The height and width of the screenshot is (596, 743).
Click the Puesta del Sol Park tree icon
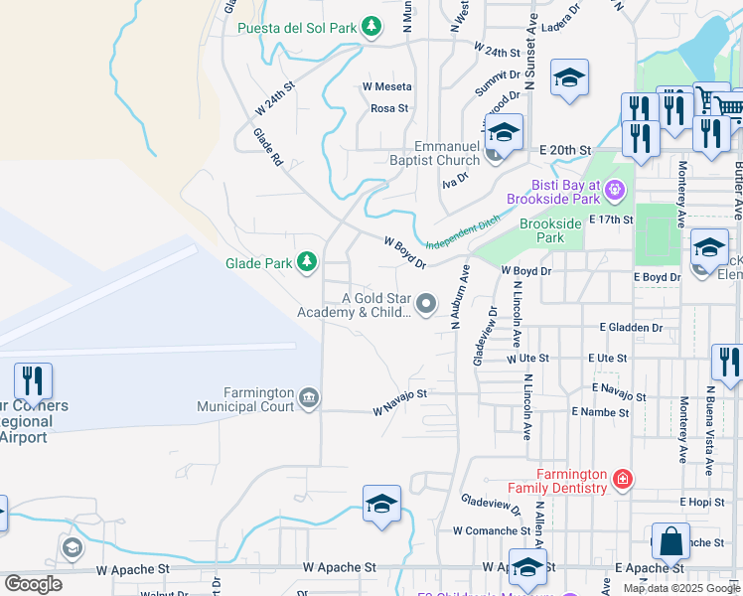[371, 27]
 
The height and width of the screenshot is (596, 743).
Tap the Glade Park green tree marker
[308, 262]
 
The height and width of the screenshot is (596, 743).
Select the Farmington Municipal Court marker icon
[309, 398]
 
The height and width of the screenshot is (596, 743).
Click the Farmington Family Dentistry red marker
[622, 480]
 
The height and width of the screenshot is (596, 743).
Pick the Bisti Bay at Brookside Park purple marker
[615, 187]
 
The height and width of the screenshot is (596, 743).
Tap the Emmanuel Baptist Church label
[432, 153]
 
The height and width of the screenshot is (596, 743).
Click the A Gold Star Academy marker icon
[426, 304]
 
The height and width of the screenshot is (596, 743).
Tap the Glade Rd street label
[268, 147]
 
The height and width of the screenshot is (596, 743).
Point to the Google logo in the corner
[33, 584]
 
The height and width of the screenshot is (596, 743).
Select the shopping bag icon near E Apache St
[671, 542]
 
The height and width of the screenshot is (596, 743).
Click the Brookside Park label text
[550, 230]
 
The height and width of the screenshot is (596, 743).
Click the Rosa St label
[389, 108]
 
